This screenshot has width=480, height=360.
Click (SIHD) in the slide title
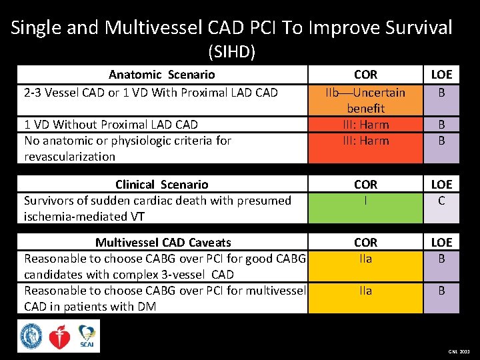pyautogui.click(x=232, y=51)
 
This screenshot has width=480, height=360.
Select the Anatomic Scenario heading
pyautogui.click(x=162, y=75)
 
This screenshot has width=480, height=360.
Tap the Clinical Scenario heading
pyautogui.click(x=162, y=185)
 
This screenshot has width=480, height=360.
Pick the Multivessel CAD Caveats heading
pyautogui.click(x=163, y=243)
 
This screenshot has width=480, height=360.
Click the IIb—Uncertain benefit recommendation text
pyautogui.click(x=365, y=100)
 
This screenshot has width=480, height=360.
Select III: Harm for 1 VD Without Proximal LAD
pyautogui.click(x=365, y=125)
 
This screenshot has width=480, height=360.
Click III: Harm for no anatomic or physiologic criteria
pyautogui.click(x=365, y=141)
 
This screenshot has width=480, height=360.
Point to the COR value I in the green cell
pyautogui.click(x=365, y=200)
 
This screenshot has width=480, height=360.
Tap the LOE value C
pyautogui.click(x=441, y=200)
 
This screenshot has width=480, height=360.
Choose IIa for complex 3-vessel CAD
pyautogui.click(x=365, y=259)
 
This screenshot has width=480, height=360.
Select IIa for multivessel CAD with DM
pyautogui.click(x=365, y=291)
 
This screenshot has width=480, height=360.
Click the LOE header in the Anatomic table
pyautogui.click(x=441, y=75)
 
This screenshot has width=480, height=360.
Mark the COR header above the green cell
pyautogui.click(x=365, y=185)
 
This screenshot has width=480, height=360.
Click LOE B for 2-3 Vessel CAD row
pyautogui.click(x=441, y=92)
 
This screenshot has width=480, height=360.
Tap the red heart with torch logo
pyautogui.click(x=59, y=337)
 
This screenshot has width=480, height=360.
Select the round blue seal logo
pyautogui.click(x=31, y=336)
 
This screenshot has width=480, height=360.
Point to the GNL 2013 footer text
pyautogui.click(x=459, y=351)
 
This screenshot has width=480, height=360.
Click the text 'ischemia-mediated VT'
pyautogui.click(x=84, y=217)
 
